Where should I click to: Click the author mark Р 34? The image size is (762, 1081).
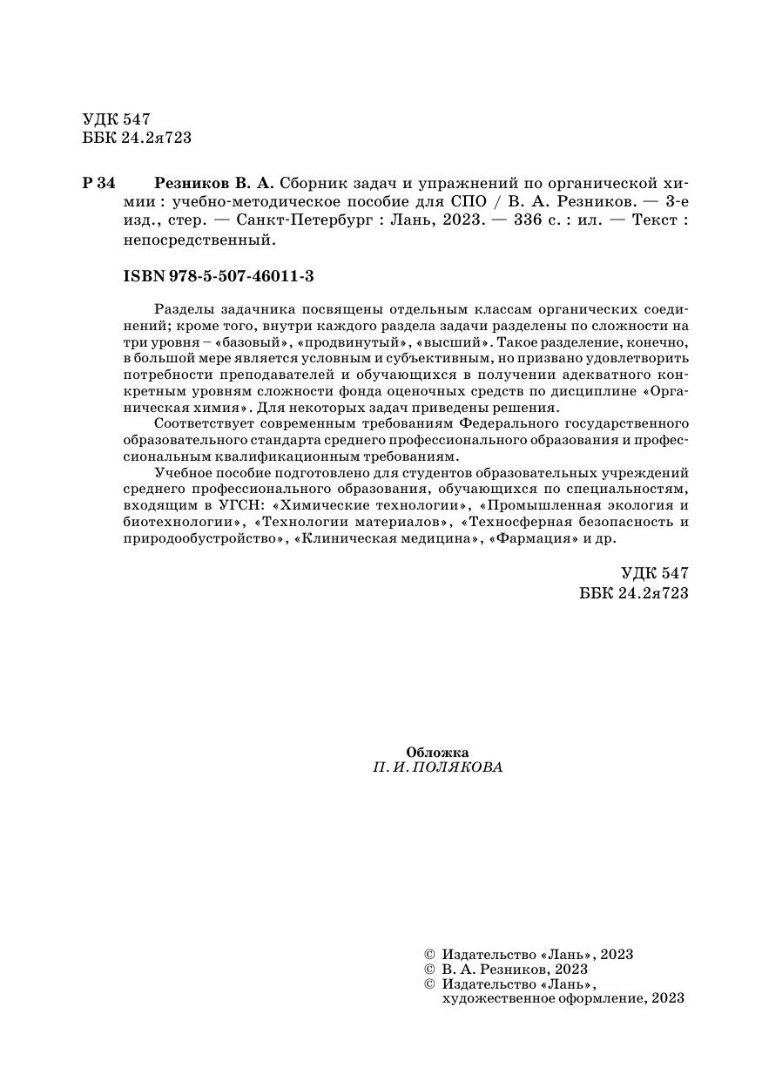(x=98, y=184)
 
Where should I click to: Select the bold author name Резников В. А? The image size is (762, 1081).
(x=213, y=184)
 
